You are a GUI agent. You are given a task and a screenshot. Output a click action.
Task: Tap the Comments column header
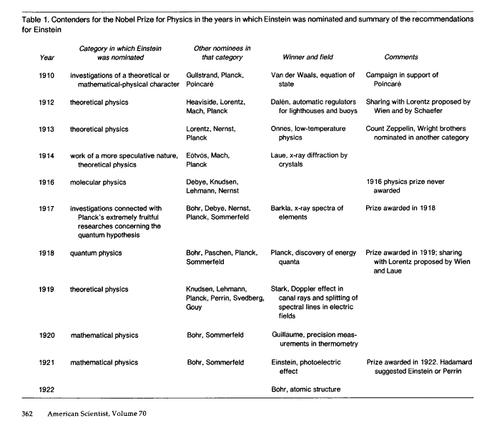pyautogui.click(x=401, y=57)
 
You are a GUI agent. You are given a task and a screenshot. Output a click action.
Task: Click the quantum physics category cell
pyautogui.click(x=97, y=253)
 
